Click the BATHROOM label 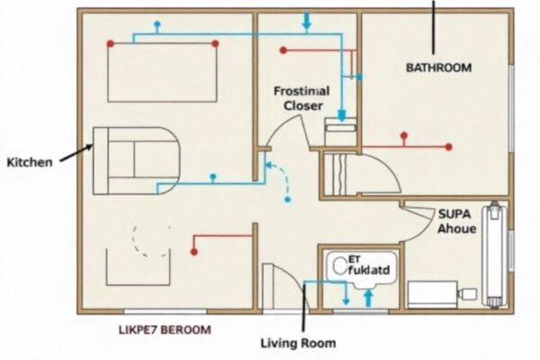[437, 67]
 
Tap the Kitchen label [28, 162]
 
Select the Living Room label [298, 343]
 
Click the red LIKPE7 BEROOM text [166, 329]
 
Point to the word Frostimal [302, 91]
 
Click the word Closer [303, 105]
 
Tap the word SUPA [455, 214]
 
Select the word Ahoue [456, 229]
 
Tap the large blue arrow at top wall [307, 21]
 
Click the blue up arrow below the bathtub [367, 300]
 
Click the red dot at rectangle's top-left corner [111, 43]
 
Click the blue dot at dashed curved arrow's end [287, 202]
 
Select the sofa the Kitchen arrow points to [135, 159]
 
